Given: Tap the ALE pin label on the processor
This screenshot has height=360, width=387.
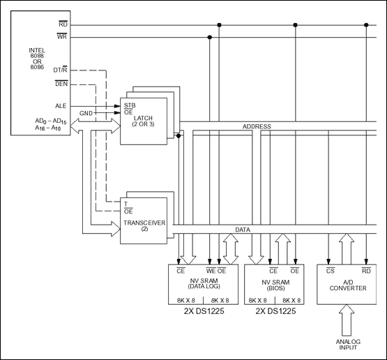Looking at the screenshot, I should (61, 105).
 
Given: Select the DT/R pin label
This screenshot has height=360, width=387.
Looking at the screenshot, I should (61, 70).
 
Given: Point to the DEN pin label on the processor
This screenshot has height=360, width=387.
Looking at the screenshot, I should (61, 84).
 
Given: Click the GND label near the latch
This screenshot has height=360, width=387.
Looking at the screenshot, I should (86, 112).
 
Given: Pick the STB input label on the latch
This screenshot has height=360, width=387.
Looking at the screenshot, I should (128, 105).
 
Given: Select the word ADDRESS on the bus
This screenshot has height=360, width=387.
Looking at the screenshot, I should (257, 127).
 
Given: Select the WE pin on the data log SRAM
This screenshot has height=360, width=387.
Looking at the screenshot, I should (211, 270).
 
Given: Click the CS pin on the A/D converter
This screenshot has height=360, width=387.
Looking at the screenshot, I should (329, 270).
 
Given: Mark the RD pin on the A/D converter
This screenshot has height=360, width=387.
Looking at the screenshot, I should (365, 270).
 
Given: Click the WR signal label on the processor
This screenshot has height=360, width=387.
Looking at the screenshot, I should (63, 36).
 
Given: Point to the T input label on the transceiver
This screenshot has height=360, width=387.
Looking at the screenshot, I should (126, 203).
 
